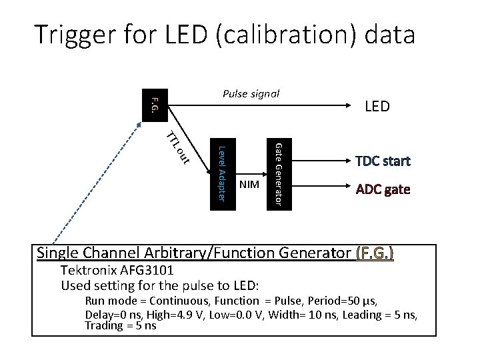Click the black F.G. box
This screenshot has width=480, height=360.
pos(155,105)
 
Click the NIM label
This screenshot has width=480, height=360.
pos(249,183)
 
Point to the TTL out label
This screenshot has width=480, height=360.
pos(178,147)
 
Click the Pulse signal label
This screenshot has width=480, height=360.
pos(250,94)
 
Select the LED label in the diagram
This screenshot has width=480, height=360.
pos(377,107)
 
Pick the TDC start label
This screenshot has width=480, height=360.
pos(383,161)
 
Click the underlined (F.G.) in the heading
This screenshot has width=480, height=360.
pos(375,253)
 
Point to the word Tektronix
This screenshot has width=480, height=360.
pos(89,271)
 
